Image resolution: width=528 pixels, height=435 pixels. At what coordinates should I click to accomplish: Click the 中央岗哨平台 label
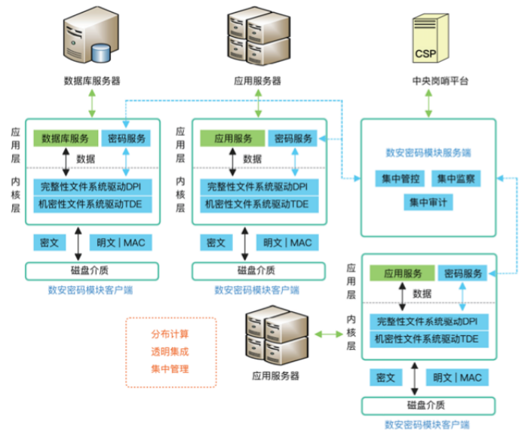(x=428, y=81)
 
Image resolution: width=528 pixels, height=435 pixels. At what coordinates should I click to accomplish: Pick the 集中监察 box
(x=453, y=180)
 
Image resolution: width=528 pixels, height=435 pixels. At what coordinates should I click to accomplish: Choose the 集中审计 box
(x=428, y=202)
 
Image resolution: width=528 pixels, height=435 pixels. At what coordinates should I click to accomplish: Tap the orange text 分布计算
(x=170, y=334)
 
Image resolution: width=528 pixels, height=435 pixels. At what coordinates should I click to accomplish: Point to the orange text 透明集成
(x=170, y=351)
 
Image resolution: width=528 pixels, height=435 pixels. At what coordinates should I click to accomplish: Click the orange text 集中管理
(x=170, y=369)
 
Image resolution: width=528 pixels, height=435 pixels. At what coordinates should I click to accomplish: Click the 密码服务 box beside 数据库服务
(x=126, y=139)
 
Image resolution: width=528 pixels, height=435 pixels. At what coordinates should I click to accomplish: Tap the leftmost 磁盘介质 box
(x=92, y=270)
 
